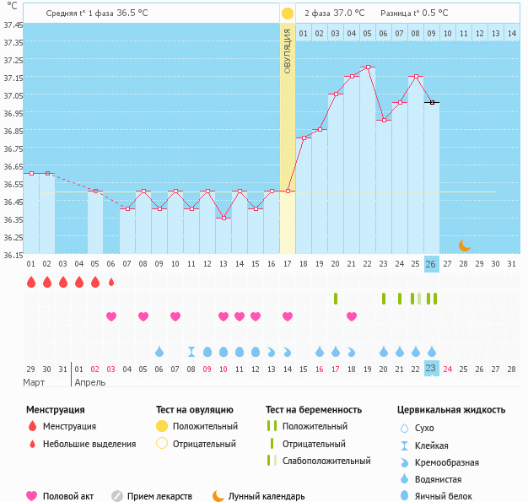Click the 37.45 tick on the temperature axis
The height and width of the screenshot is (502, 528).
[13, 24]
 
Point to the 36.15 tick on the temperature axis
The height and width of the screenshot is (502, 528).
[13, 254]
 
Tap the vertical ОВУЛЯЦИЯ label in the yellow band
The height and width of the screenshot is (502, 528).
[288, 51]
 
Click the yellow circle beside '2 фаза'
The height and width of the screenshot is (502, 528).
[288, 13]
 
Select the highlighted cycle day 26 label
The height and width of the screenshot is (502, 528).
[431, 263]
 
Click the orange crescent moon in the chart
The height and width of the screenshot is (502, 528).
[464, 246]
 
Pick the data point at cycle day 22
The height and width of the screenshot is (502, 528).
[367, 67]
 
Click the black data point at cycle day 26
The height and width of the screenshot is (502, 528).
[431, 102]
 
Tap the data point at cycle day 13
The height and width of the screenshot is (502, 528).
[223, 218]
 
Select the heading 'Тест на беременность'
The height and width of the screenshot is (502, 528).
[314, 410]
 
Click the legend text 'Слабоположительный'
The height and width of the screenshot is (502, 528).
[326, 461]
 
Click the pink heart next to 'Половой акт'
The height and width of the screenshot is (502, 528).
[33, 496]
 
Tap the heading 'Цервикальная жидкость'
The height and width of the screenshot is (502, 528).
[451, 410]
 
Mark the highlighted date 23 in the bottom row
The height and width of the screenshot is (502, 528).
[431, 369]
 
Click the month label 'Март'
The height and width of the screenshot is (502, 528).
[34, 383]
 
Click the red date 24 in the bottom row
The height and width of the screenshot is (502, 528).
[447, 369]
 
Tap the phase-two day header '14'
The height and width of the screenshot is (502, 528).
[511, 33]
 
